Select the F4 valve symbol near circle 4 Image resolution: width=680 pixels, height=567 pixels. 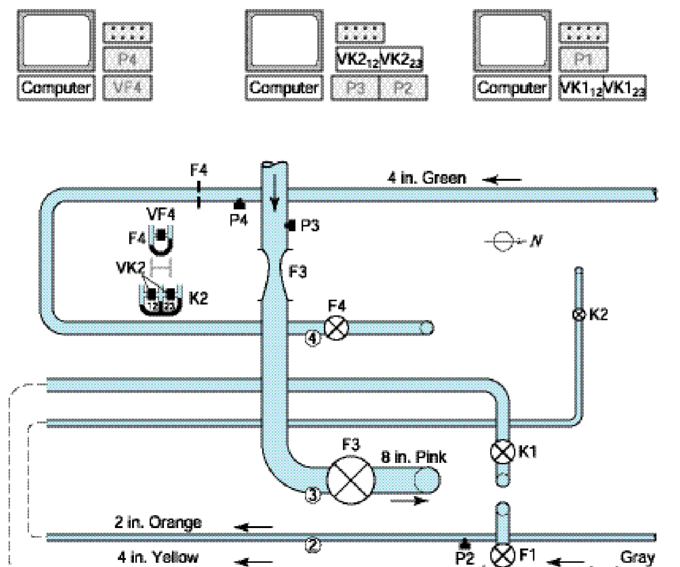point(336,328)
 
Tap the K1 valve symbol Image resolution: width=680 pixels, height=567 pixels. point(502,452)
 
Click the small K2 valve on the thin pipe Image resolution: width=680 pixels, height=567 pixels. point(578,314)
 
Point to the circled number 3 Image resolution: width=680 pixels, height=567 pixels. point(312,495)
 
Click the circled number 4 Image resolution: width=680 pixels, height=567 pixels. point(312,338)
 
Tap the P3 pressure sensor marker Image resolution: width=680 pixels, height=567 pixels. point(290,225)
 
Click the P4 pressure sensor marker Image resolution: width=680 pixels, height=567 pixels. point(239,204)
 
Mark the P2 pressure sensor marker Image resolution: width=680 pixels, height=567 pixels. point(465,543)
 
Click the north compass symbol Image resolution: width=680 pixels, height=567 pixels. point(502,241)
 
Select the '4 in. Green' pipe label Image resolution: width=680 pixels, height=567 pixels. point(426,178)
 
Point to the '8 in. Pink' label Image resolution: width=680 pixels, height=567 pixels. point(414,457)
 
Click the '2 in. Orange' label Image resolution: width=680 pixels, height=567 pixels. point(158,522)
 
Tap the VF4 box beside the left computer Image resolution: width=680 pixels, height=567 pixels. point(127,87)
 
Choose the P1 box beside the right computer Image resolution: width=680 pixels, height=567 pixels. point(583,59)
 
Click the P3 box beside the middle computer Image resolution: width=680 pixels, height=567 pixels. point(355,88)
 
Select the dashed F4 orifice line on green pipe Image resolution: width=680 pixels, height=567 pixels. point(198,194)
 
